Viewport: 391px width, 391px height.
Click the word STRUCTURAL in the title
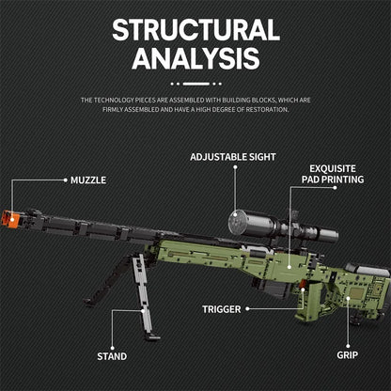(x=195, y=29)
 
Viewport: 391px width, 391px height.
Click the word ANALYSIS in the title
(x=195, y=58)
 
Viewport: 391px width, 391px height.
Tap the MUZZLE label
(x=87, y=179)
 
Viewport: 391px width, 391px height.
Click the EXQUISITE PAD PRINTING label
(x=333, y=171)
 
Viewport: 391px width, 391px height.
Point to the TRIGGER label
(x=221, y=308)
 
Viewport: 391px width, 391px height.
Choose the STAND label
(x=112, y=356)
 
